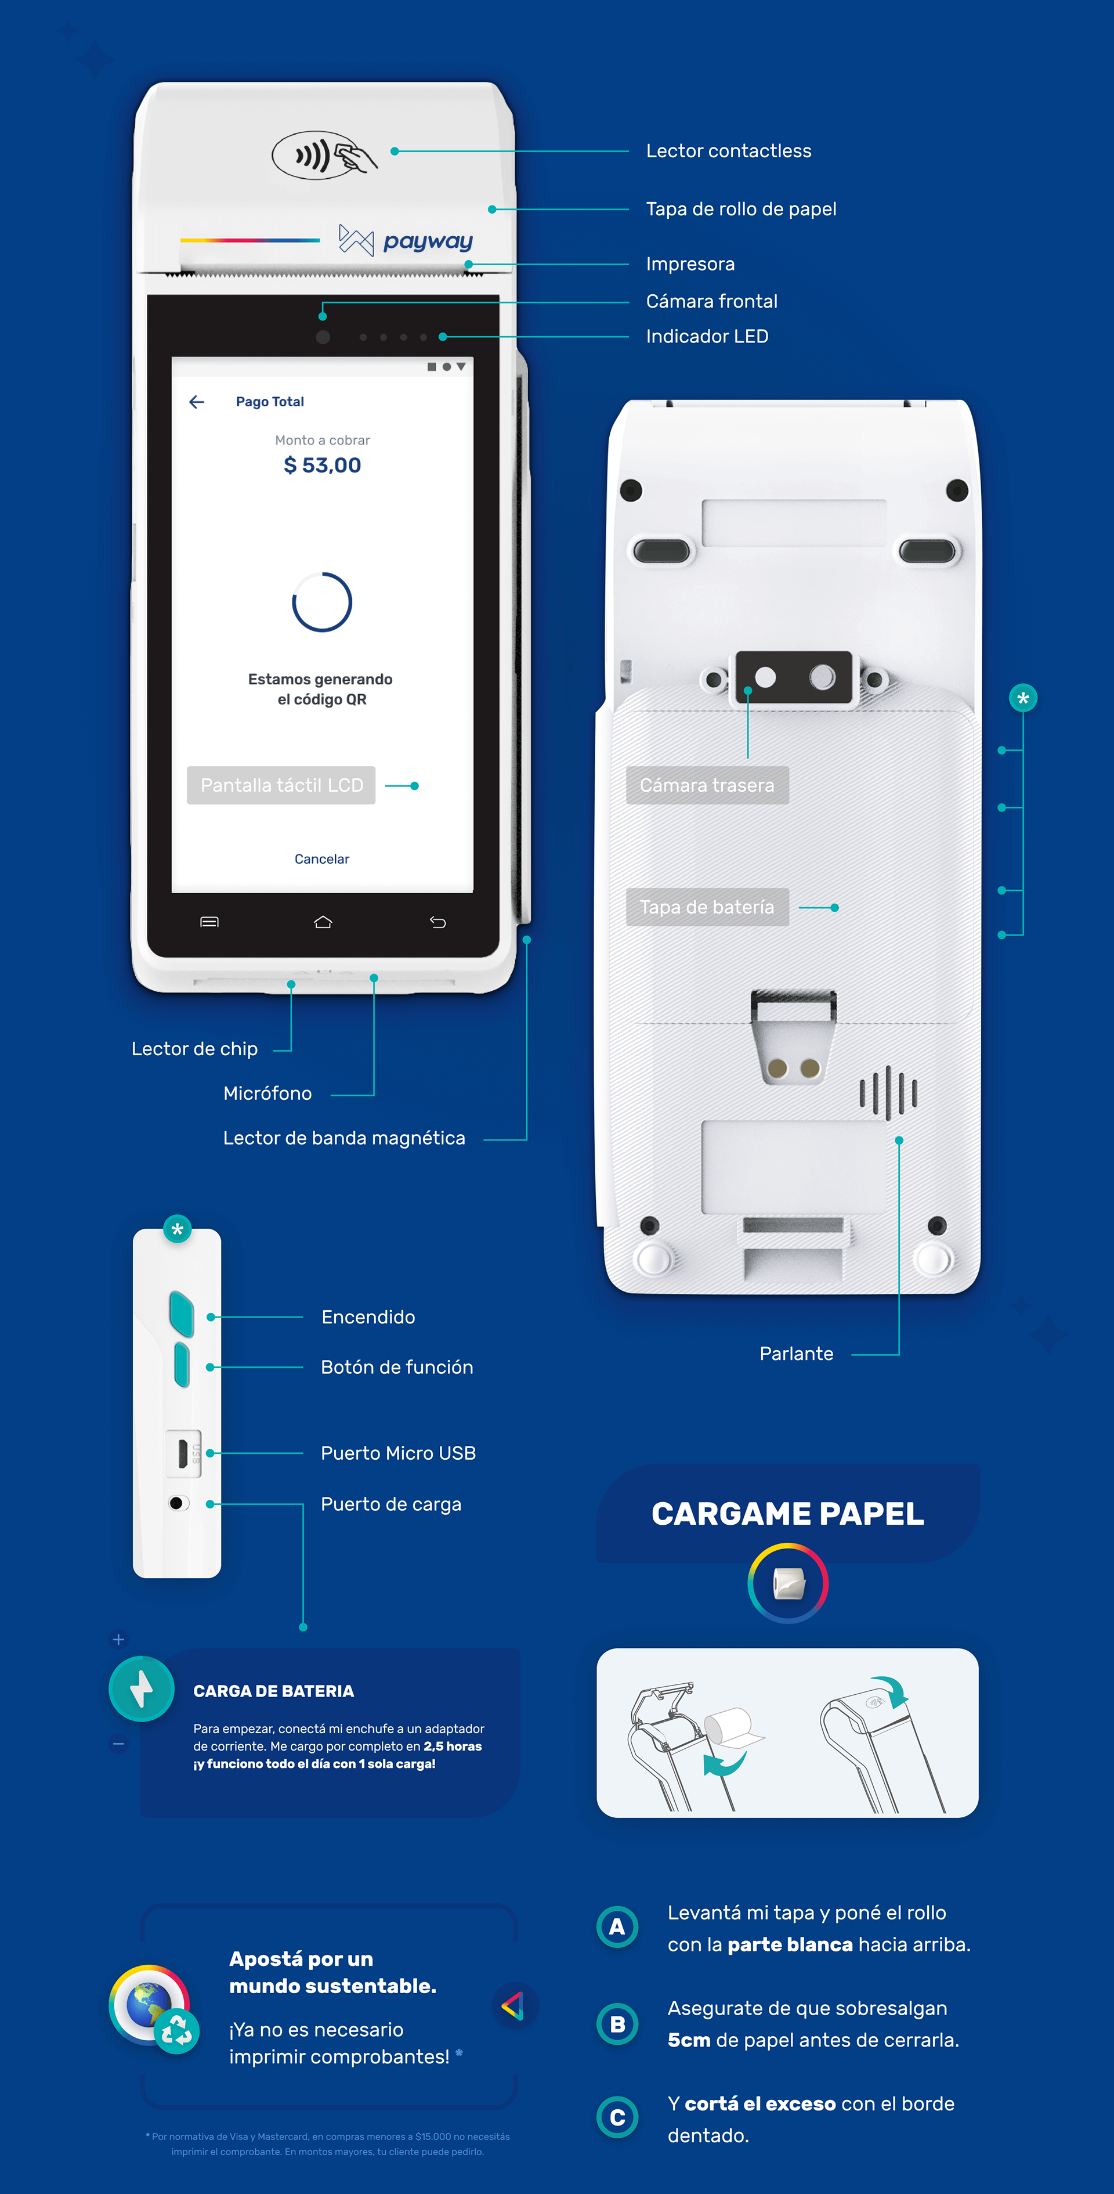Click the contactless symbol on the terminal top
click(x=324, y=156)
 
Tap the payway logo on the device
click(x=406, y=241)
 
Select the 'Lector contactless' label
click(x=728, y=151)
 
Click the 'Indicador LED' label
click(x=707, y=337)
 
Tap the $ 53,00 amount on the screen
click(x=322, y=465)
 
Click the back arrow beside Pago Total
click(x=197, y=402)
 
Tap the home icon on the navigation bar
click(x=323, y=922)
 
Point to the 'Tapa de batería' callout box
click(x=707, y=907)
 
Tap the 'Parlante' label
click(x=796, y=1354)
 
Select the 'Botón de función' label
click(x=397, y=1367)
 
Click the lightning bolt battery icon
click(x=142, y=1688)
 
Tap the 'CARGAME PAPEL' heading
click(x=788, y=1514)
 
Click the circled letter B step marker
click(x=617, y=2024)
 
